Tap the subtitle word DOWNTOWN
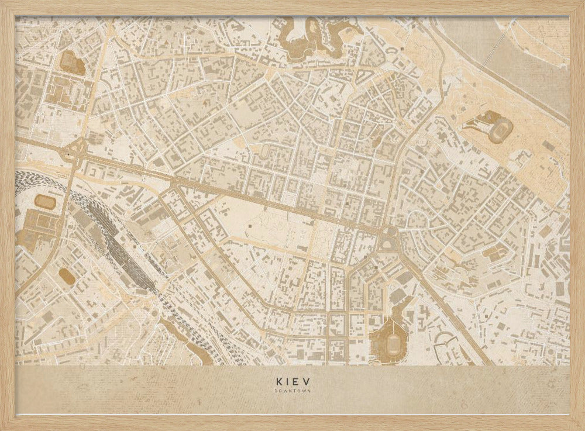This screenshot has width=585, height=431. (292, 391)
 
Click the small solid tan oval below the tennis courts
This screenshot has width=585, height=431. (67, 276)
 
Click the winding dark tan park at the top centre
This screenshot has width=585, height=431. (304, 38)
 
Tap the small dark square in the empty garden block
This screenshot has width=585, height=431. (251, 224)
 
